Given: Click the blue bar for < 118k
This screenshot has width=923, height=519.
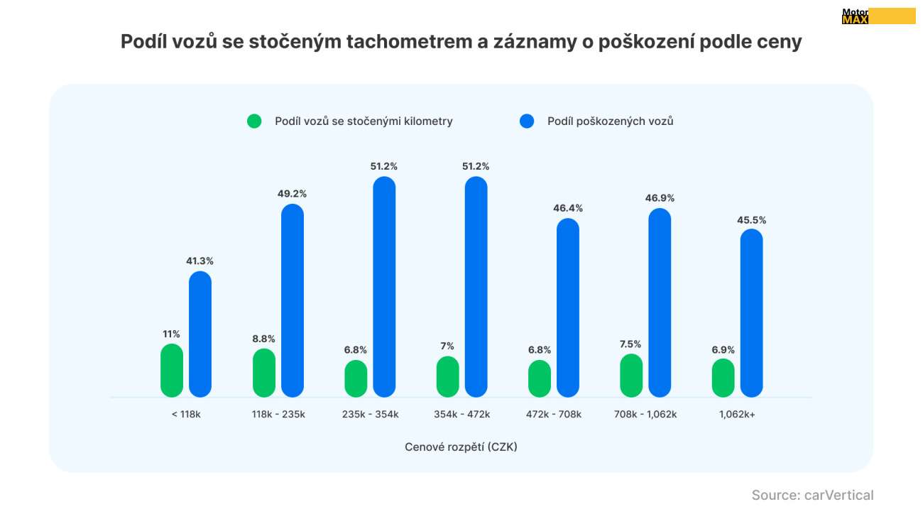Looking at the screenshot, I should click(200, 334).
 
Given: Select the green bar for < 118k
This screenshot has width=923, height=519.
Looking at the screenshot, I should click(172, 370).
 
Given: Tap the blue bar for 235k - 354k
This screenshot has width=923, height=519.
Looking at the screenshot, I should click(384, 287).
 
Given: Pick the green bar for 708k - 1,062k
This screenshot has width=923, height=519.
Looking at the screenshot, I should click(631, 375).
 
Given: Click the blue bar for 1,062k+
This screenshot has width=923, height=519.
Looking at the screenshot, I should click(751, 313).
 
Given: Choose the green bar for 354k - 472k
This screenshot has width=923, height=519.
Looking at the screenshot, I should click(447, 376).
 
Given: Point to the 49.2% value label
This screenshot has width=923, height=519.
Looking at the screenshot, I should click(293, 194).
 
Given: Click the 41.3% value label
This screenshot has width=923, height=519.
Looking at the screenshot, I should click(200, 261).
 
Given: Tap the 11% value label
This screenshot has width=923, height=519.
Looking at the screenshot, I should click(172, 334).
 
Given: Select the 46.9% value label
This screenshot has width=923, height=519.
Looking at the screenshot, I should click(660, 198).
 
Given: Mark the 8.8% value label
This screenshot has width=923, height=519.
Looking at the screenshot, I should click(263, 339).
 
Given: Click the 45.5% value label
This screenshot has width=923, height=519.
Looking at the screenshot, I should click(751, 220).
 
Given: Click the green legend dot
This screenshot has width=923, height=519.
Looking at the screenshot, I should click(254, 121).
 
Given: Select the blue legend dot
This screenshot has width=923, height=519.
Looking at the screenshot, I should click(527, 121).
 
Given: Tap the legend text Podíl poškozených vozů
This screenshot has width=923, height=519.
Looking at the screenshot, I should click(610, 121).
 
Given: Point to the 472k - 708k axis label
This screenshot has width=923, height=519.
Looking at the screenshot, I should click(554, 414).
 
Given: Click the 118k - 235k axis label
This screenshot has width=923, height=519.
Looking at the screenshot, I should click(278, 414).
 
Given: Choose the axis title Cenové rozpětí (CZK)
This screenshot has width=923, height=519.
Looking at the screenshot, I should click(461, 447).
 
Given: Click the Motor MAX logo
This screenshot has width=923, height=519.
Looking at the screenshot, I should click(878, 16).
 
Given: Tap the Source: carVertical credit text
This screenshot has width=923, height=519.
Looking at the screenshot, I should click(812, 496).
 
